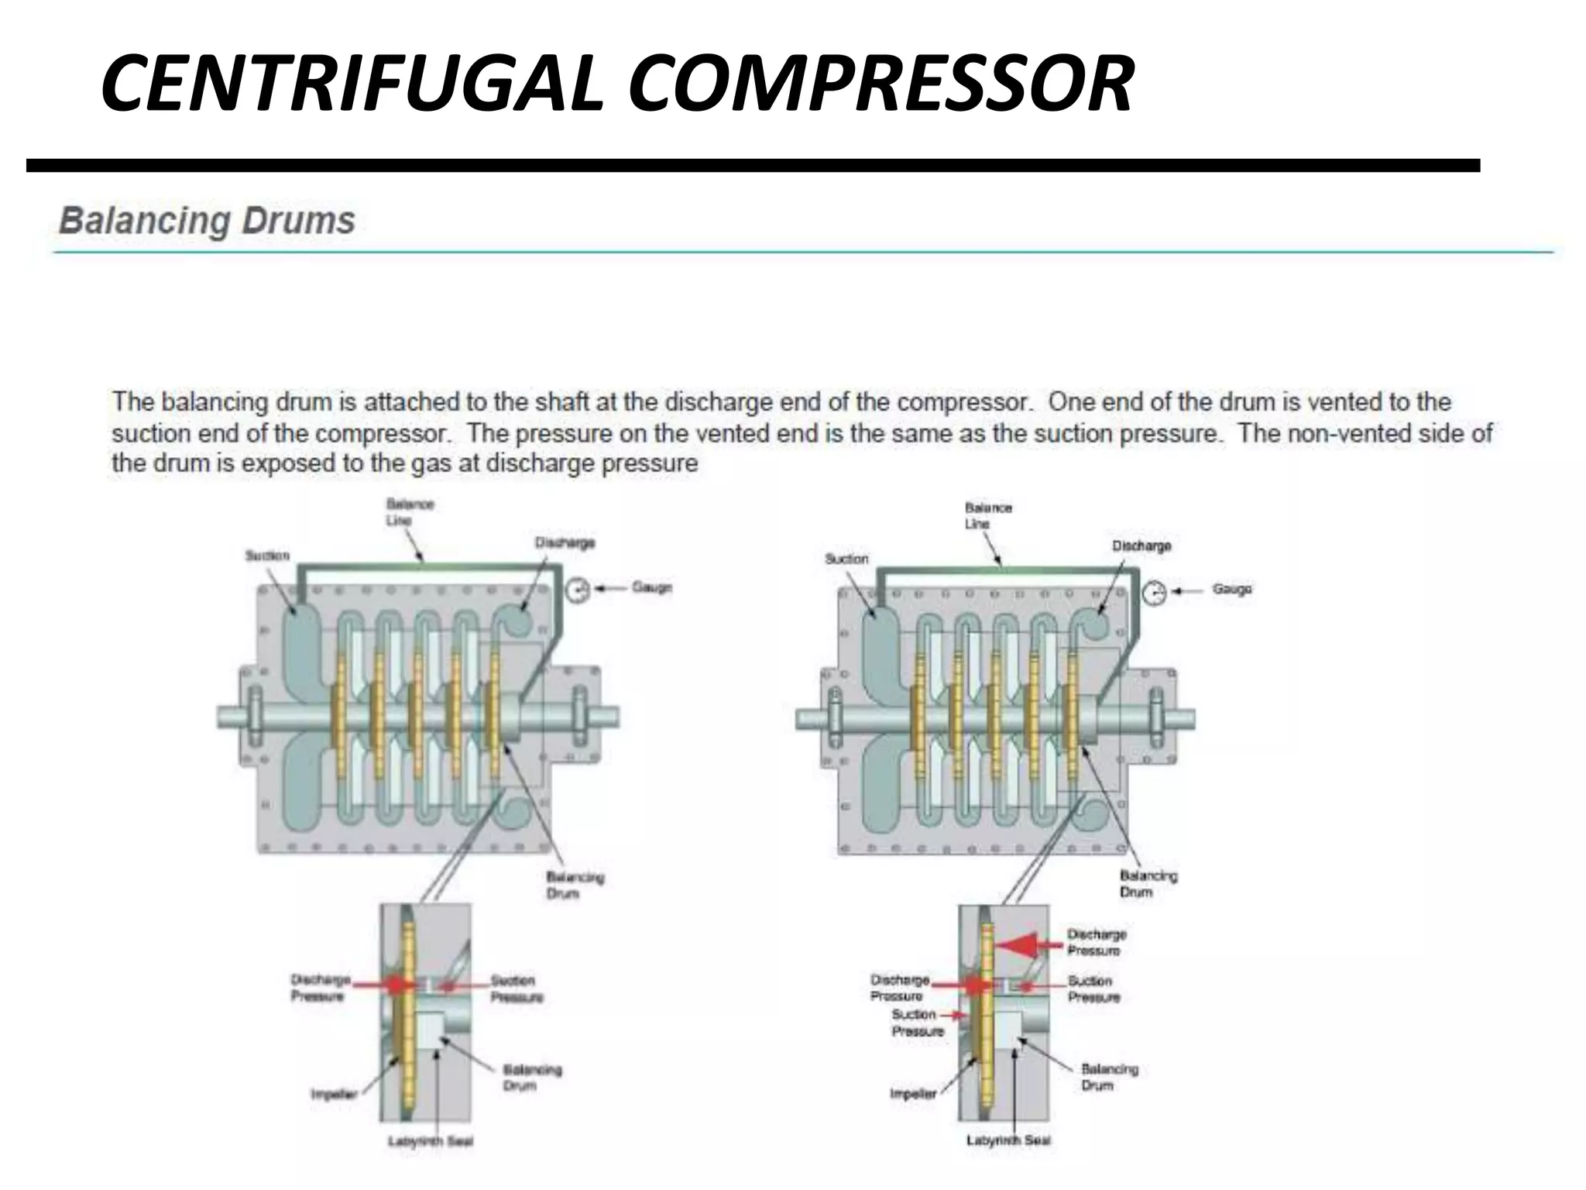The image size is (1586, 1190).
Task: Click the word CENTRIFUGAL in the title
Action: [x=351, y=84]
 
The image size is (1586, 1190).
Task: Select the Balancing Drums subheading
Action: [x=207, y=221]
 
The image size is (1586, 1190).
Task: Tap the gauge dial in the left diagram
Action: [x=577, y=590]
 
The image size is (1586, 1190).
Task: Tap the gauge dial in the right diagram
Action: [x=1154, y=593]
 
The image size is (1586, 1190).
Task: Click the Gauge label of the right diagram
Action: [x=1232, y=590]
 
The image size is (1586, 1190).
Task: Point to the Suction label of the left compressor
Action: [x=267, y=555]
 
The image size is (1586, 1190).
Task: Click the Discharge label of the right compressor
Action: [x=1141, y=546]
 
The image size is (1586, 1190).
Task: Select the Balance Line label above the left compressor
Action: [x=410, y=512]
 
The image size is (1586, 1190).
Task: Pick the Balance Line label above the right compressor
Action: [x=987, y=515]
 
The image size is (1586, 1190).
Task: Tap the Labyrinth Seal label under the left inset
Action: [x=431, y=1141]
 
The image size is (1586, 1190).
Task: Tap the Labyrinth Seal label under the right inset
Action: [x=1008, y=1140]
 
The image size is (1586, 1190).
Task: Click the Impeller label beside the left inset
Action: [x=334, y=1095]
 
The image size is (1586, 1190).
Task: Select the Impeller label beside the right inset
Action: [x=913, y=1094]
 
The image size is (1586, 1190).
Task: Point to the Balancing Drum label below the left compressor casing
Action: [x=575, y=885]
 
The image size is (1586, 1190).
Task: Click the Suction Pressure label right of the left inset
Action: [x=517, y=989]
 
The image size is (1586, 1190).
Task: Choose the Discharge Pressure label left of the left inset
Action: [x=320, y=988]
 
